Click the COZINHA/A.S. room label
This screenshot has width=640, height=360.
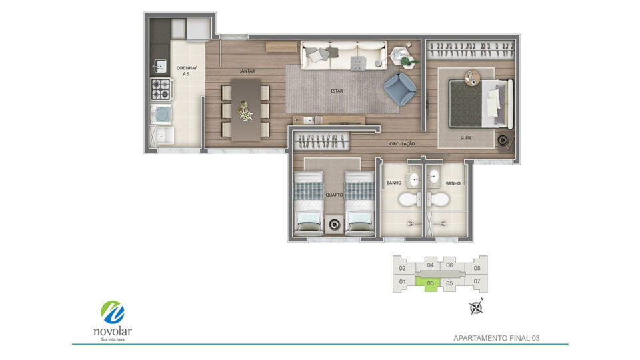(187, 71)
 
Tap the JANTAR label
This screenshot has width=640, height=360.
(247, 71)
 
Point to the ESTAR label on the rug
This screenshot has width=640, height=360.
(337, 91)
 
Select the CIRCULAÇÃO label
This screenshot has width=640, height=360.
(402, 144)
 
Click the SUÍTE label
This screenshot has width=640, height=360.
(466, 138)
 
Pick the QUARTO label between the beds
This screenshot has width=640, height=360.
(334, 195)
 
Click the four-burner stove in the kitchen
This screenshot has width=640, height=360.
(161, 89)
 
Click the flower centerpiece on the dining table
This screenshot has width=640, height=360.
(245, 111)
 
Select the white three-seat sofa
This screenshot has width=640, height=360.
(343, 55)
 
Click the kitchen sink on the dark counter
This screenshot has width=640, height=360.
(160, 65)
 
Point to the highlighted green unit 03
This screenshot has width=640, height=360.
(429, 283)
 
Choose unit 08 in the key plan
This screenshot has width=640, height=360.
(477, 268)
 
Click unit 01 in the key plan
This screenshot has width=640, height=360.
(403, 281)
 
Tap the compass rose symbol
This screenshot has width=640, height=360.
(476, 307)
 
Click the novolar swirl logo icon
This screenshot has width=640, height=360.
(113, 313)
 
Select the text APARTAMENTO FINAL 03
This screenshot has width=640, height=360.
(496, 338)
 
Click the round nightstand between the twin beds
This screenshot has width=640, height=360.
(334, 224)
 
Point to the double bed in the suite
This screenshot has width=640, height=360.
(481, 104)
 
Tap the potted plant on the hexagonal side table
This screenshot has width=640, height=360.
(405, 61)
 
